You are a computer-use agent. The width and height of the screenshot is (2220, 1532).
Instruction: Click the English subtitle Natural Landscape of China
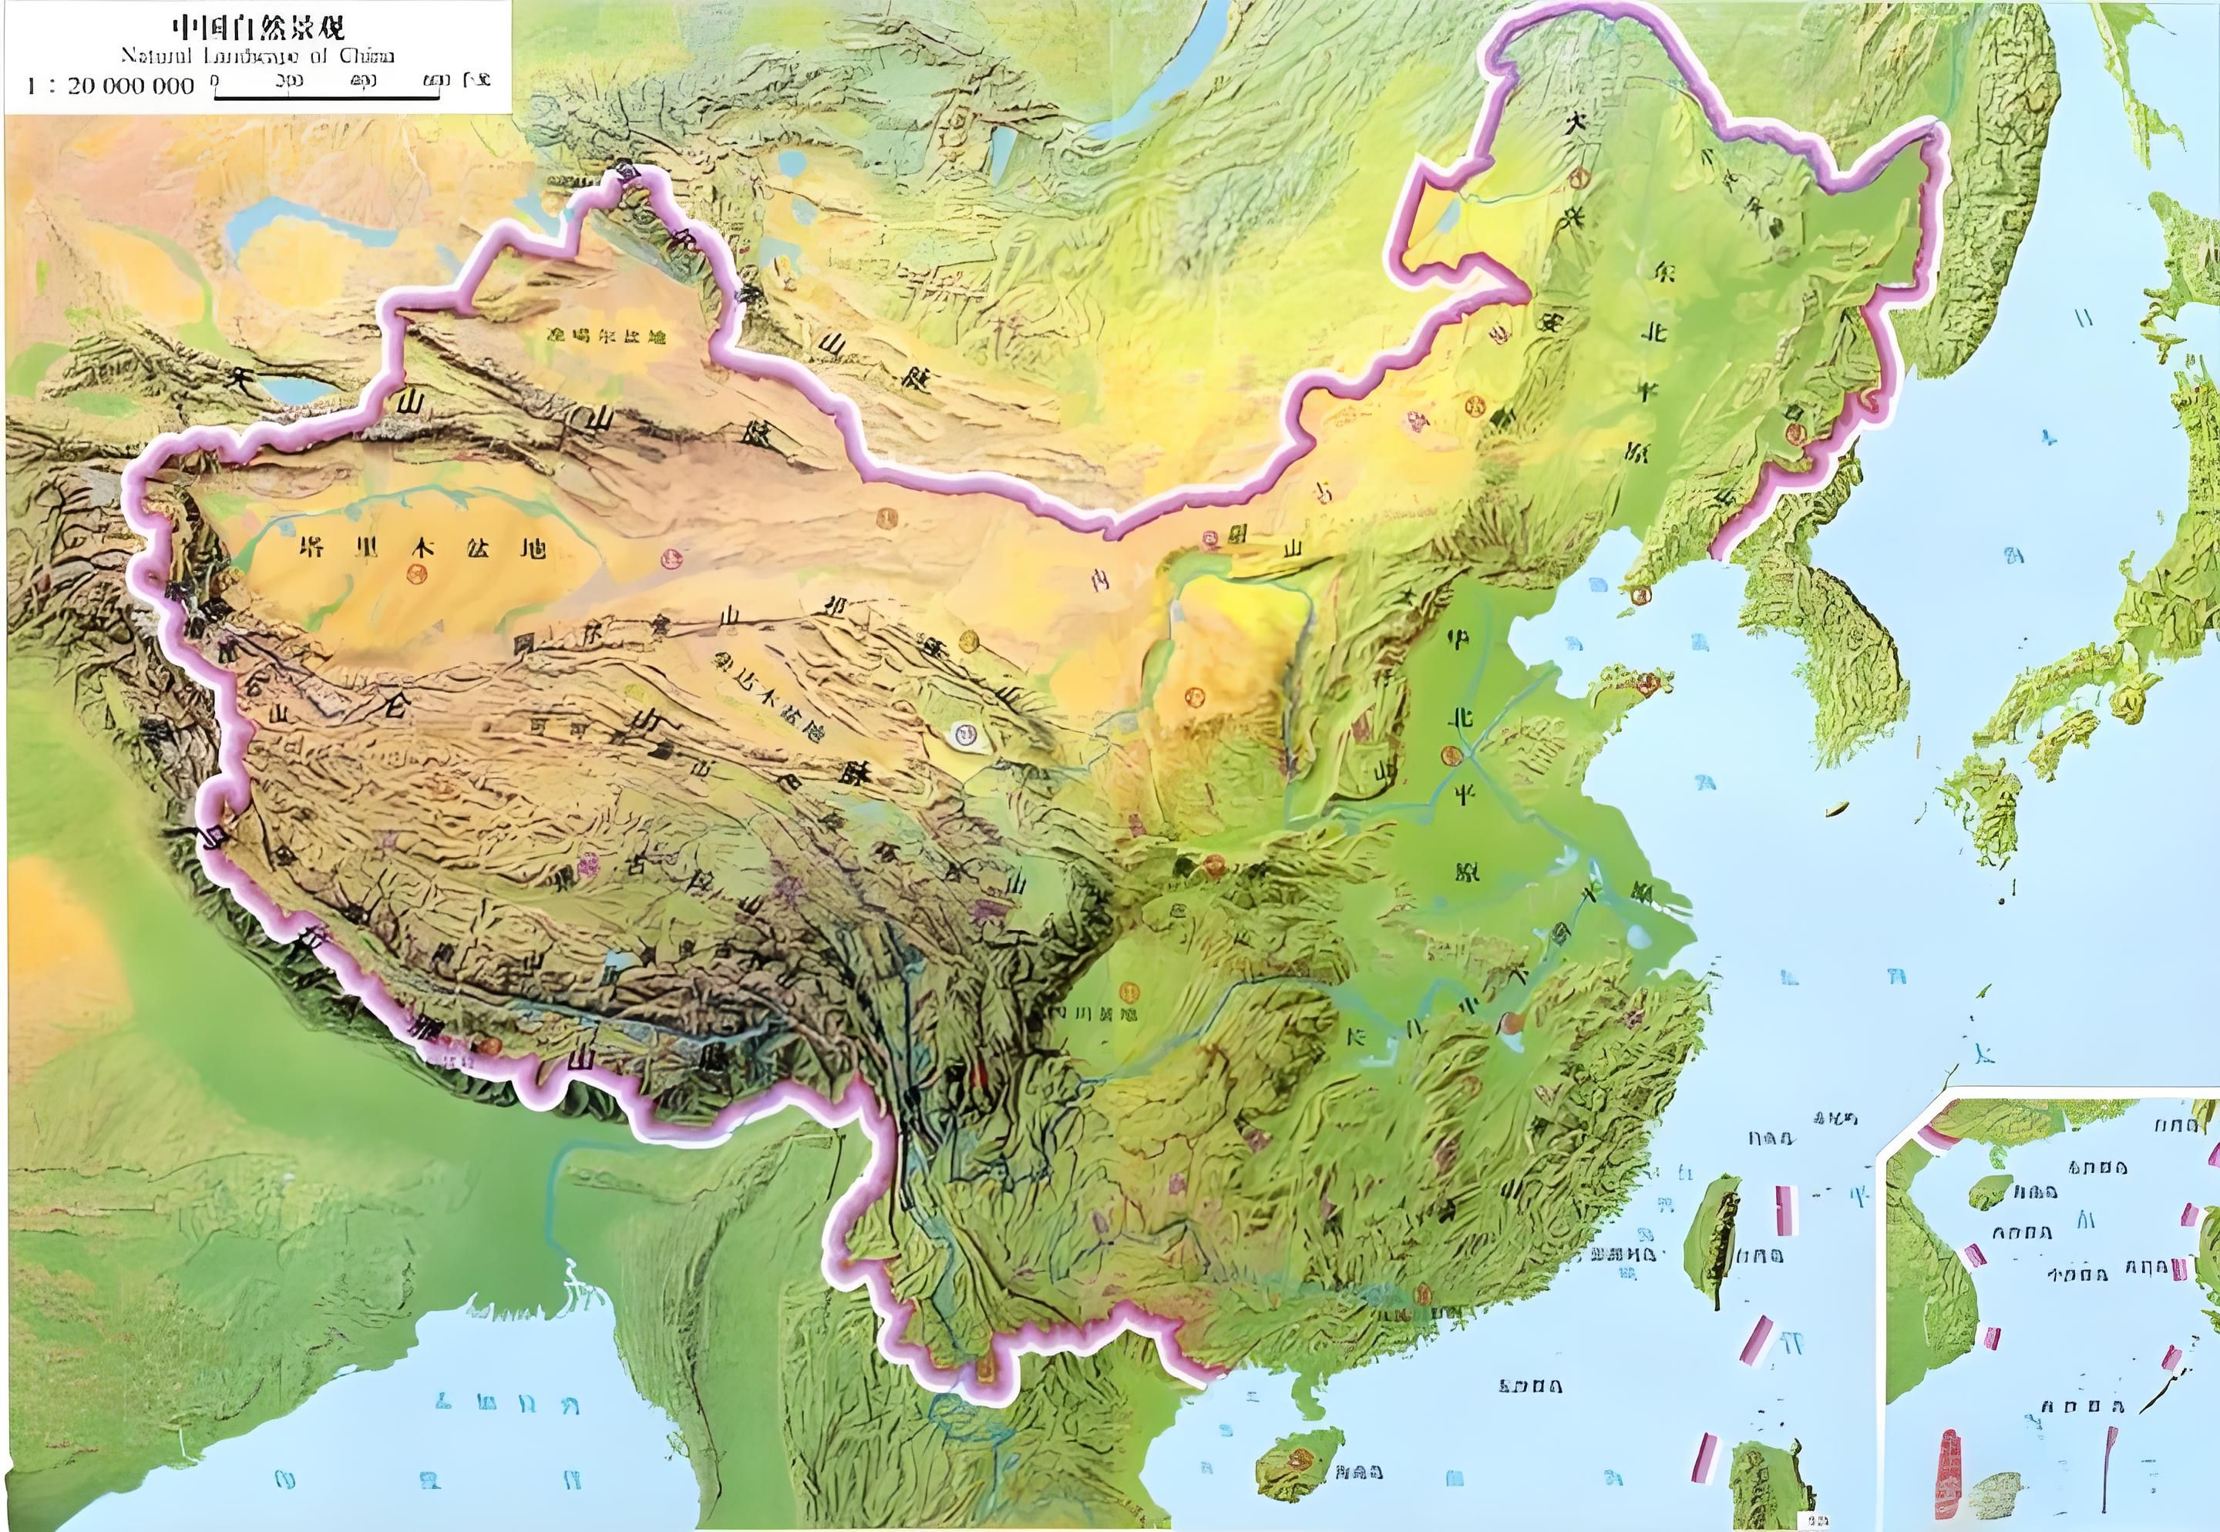(257, 55)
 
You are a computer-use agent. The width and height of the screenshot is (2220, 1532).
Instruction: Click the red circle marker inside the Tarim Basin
(415, 574)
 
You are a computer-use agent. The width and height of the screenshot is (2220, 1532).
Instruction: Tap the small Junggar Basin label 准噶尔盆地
(605, 336)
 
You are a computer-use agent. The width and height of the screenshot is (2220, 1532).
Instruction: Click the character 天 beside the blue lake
(236, 375)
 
